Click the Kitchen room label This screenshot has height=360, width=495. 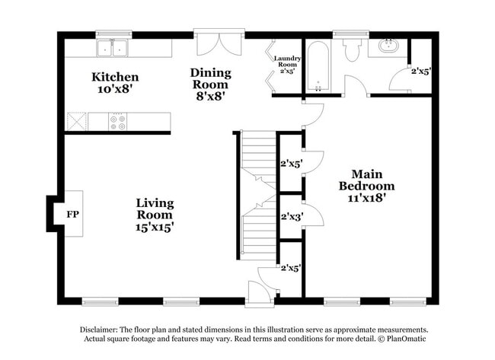(x=115, y=77)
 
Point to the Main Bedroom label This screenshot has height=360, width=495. (x=366, y=180)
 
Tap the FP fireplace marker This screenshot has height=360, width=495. (x=73, y=215)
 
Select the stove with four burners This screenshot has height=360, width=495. (x=118, y=122)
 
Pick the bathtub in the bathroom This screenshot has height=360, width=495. (x=318, y=66)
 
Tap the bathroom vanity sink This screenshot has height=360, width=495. (x=388, y=45)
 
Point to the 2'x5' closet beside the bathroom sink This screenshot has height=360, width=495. (x=420, y=72)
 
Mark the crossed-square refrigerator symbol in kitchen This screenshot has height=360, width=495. (x=77, y=122)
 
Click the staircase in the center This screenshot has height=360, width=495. (x=258, y=198)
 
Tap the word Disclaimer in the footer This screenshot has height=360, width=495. (x=101, y=330)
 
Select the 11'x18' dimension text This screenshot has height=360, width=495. (x=366, y=197)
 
